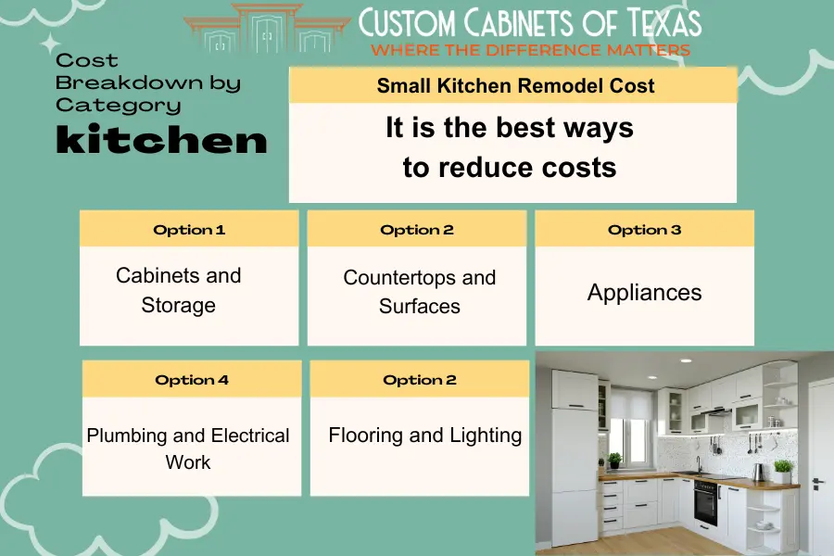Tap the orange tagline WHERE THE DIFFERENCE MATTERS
click(x=530, y=50)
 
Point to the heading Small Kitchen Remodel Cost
click(x=515, y=85)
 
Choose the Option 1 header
click(x=189, y=230)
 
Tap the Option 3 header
click(x=644, y=230)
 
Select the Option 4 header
click(x=192, y=380)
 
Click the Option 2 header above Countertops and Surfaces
click(x=416, y=230)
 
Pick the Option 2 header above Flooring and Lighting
click(x=419, y=380)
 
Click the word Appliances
click(x=644, y=293)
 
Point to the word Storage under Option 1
click(x=178, y=306)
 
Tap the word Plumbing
click(x=127, y=436)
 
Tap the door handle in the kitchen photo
click(x=817, y=483)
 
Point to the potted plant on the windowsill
click(x=615, y=461)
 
